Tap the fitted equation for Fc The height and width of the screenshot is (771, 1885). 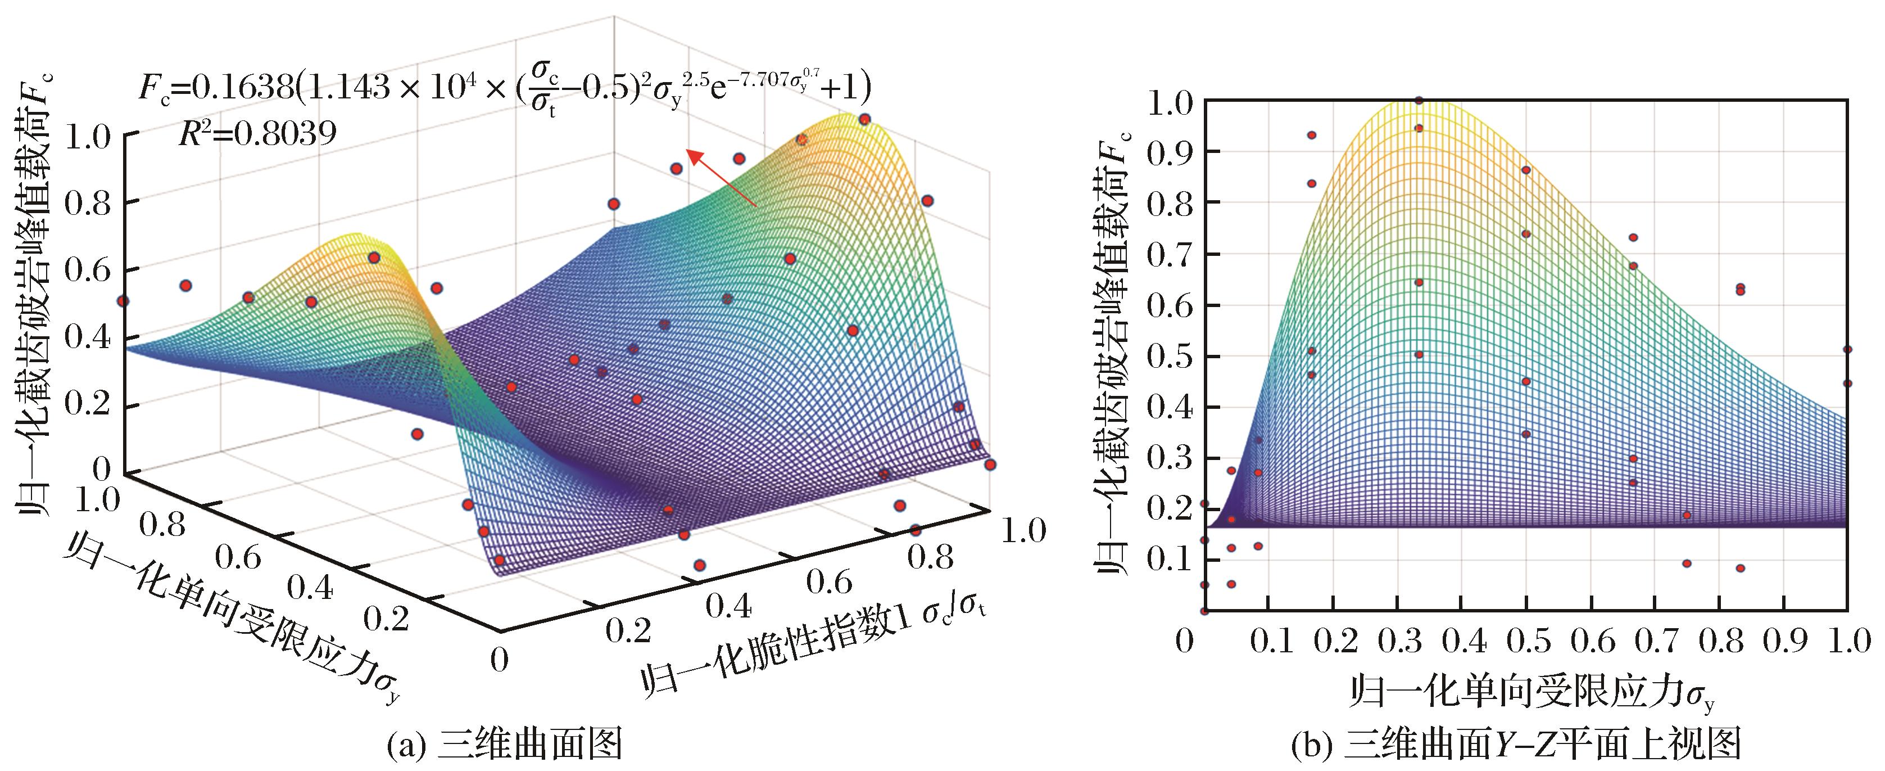(x=505, y=88)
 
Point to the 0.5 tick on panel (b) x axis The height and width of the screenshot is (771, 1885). (x=1526, y=642)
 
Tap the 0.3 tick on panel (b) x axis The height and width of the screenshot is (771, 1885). (x=1398, y=642)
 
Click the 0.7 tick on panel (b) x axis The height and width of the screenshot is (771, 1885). (x=1654, y=642)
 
